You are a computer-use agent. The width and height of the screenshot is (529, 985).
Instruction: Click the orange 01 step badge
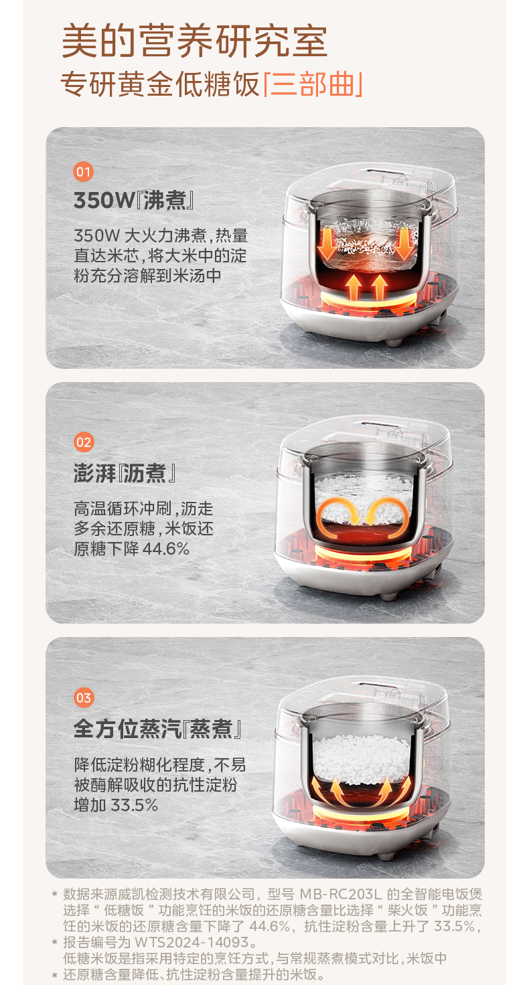point(84,171)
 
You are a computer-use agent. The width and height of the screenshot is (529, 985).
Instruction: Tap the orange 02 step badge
point(84,442)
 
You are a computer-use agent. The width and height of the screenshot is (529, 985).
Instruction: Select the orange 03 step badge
point(84,697)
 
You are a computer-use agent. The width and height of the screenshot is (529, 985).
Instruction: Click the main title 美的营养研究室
point(194,41)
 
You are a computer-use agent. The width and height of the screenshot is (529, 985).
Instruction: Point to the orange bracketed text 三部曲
point(313,84)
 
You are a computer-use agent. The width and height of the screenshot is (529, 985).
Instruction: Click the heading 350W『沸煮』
point(134,201)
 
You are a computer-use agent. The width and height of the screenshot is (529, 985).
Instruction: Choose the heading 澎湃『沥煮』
point(125,474)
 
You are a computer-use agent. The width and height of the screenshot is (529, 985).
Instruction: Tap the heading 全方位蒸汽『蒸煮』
point(158,729)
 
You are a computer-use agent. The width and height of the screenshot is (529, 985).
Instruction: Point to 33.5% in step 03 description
point(134,805)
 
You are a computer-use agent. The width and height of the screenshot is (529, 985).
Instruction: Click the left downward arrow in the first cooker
point(326,243)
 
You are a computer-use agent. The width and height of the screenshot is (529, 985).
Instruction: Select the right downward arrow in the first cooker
point(404,243)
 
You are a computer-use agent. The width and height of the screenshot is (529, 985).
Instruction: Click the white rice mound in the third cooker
point(361,760)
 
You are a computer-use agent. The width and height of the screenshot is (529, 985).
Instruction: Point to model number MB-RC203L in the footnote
point(340,894)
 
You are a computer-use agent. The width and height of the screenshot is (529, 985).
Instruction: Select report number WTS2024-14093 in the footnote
point(192,942)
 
